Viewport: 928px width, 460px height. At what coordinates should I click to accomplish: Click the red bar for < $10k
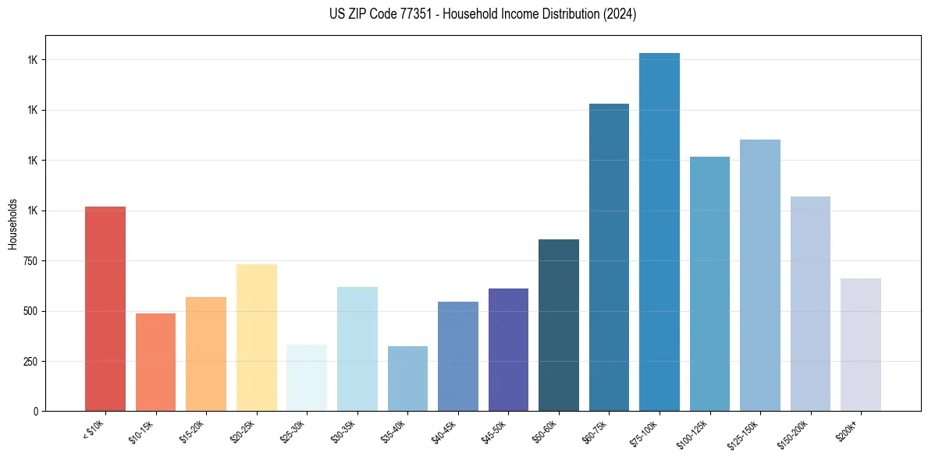tap(105, 309)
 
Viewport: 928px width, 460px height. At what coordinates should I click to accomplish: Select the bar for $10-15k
tap(155, 362)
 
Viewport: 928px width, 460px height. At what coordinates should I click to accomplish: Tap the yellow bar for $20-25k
tap(256, 338)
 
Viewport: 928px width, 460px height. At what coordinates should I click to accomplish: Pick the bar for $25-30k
tap(307, 377)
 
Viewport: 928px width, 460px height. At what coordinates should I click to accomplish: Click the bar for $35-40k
tap(407, 378)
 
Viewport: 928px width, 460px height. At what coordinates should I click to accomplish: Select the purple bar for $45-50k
tap(508, 349)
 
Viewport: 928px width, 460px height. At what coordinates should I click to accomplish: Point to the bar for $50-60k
tap(559, 325)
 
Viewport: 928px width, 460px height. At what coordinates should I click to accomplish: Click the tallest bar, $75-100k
tap(660, 232)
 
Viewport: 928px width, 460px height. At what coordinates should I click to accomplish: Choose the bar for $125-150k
tap(760, 275)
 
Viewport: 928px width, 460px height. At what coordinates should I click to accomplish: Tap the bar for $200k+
tap(861, 345)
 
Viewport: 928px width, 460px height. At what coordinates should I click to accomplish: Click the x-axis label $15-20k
tap(192, 433)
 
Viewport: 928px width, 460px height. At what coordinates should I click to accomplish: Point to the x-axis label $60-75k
tap(595, 433)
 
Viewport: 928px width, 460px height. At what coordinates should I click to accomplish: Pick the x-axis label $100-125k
tap(692, 435)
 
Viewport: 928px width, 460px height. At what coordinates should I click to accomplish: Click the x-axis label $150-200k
tap(793, 435)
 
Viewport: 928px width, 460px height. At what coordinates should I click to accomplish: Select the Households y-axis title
tap(12, 224)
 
